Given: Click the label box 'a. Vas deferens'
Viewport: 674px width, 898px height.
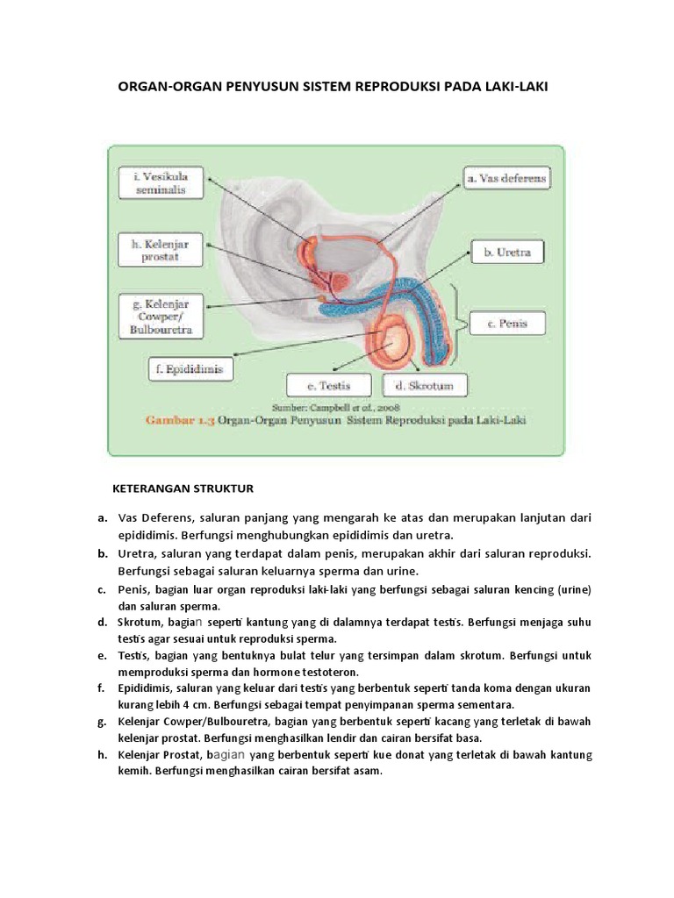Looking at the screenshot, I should click(x=506, y=179).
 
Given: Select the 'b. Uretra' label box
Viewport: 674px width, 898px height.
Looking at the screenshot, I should click(x=507, y=253).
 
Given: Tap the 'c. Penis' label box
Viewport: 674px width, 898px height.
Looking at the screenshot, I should click(x=506, y=324).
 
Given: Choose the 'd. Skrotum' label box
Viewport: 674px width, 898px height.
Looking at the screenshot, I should click(x=413, y=386).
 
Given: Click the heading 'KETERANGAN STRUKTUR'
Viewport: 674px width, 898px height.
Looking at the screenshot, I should click(x=183, y=488).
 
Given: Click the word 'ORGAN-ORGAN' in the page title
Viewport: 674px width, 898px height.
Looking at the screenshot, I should click(x=168, y=87).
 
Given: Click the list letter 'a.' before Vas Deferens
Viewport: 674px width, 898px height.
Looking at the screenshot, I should click(x=103, y=518).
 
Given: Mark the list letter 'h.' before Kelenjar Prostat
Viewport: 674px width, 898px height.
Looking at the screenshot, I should click(x=103, y=755).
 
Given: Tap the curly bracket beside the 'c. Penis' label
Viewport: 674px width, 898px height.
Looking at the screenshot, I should click(x=455, y=324).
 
